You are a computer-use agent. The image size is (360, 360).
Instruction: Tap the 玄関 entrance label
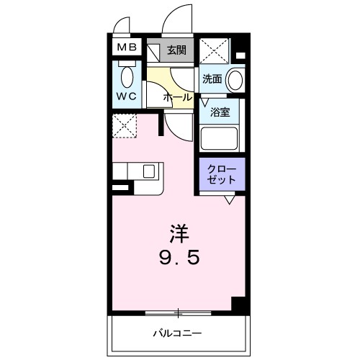point(177,50)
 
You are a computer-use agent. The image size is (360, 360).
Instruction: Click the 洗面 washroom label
point(211,79)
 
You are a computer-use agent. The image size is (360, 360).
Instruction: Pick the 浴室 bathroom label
point(220,112)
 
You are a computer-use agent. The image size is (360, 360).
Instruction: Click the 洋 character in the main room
point(180,233)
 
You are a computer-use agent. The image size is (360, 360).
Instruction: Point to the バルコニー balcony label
point(176,333)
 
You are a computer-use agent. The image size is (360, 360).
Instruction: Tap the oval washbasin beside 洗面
point(234,79)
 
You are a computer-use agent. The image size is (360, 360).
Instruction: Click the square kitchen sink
point(148,171)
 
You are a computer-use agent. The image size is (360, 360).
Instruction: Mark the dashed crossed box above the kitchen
point(125,127)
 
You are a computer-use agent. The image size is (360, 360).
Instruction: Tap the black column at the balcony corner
point(240,304)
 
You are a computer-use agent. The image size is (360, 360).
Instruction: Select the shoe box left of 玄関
point(154,50)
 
